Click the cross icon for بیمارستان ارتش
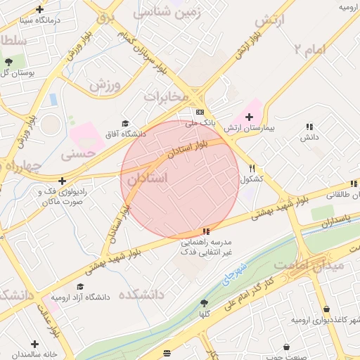coord(249,116)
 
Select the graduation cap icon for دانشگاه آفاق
coord(125,123)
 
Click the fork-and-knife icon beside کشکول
coord(252,168)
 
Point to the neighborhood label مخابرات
coord(167,96)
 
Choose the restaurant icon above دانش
coord(309,127)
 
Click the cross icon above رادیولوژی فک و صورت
coord(63,181)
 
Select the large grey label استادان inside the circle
coord(148,179)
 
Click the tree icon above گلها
coord(204,303)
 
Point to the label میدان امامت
coord(309,265)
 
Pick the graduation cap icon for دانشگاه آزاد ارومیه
coord(80,287)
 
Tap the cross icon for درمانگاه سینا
coord(39,10)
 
